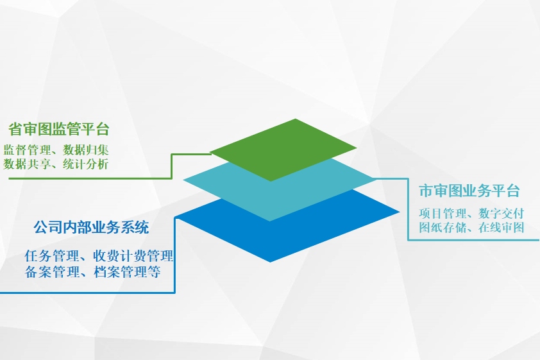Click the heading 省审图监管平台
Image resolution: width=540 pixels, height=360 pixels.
[x=59, y=129]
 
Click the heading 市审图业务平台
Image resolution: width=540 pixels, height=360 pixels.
[x=469, y=191]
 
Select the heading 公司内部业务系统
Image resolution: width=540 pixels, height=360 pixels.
[x=91, y=227]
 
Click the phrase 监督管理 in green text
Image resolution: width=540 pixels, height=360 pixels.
[x=27, y=150]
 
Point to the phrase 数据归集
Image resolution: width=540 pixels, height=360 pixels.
[x=86, y=150]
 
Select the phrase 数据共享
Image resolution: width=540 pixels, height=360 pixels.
[x=27, y=164]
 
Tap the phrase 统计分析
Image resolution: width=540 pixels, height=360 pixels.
[x=86, y=164]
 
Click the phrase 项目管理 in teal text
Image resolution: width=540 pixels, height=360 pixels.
[x=443, y=214]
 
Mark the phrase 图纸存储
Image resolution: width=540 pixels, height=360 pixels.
[x=443, y=228]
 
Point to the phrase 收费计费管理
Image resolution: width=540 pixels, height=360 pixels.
[x=133, y=256]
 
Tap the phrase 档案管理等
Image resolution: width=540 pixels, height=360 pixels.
[x=127, y=272]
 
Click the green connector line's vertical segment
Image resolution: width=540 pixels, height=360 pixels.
[x=171, y=166]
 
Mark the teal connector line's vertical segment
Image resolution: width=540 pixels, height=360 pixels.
[x=408, y=209]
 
